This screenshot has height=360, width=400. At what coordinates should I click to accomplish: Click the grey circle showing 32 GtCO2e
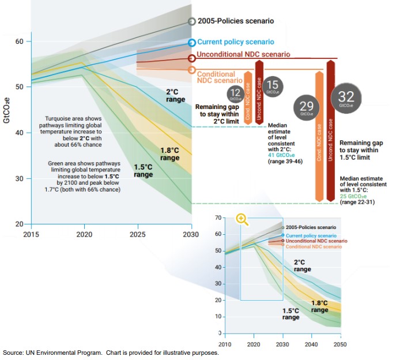coord(346,99)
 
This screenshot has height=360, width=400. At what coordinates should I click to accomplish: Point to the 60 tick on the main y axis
coord(19,42)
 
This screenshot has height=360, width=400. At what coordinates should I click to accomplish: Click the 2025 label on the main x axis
coord(137,235)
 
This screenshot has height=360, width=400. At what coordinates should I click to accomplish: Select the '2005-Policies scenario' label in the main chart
coord(236,21)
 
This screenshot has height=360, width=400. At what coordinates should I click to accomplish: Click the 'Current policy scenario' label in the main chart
coord(234,42)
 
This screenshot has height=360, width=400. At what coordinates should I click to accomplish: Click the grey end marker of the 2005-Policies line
coord(192,21)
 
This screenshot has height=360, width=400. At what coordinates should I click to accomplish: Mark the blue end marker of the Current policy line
coord(192,43)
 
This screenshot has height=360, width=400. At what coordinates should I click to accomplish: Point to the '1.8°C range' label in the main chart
coord(170,154)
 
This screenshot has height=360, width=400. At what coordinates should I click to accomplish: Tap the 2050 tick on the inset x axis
coord(341,344)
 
